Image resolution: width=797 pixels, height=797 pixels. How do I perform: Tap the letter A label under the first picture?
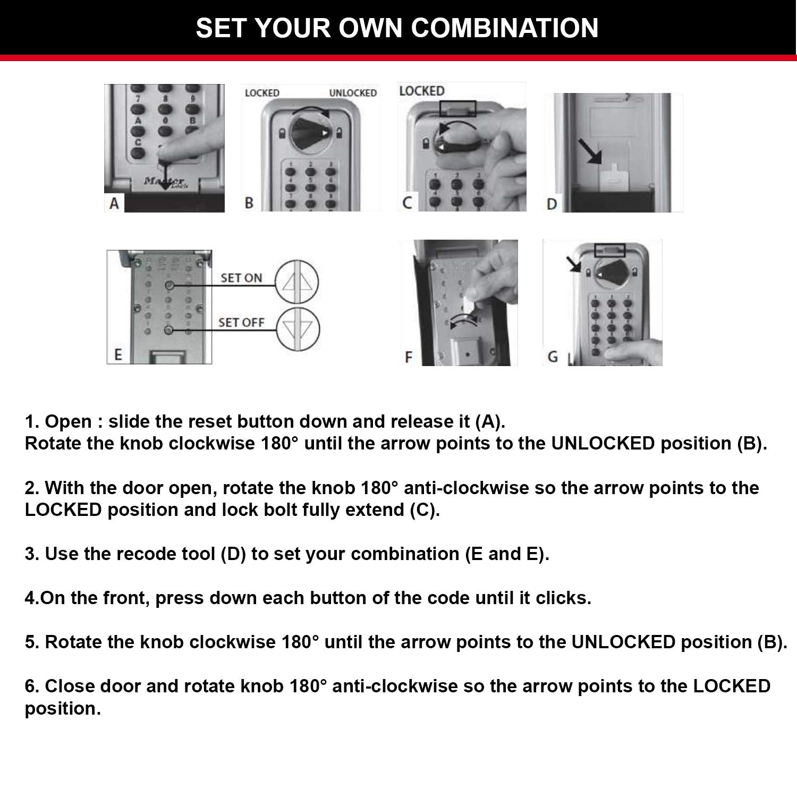tap(114, 203)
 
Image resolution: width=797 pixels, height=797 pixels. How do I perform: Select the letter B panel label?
tap(249, 203)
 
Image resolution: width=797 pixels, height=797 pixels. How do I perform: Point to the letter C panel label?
tap(407, 202)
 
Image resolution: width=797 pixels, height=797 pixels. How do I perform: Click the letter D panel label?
tap(552, 204)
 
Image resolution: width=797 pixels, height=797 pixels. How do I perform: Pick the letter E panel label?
tap(118, 354)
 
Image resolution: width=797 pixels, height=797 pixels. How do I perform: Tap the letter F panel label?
tap(408, 357)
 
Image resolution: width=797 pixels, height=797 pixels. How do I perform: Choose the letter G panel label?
tap(553, 357)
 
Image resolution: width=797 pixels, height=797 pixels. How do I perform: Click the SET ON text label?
tap(241, 278)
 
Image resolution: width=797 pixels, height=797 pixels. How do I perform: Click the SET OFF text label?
tap(241, 323)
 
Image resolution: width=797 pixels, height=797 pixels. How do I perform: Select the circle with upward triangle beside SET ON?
tap(297, 283)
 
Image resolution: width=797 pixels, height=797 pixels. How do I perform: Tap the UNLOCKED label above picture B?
tap(353, 93)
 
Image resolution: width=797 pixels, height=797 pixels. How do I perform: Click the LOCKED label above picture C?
tap(421, 91)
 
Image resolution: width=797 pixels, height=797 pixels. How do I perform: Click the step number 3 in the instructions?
tap(30, 554)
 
